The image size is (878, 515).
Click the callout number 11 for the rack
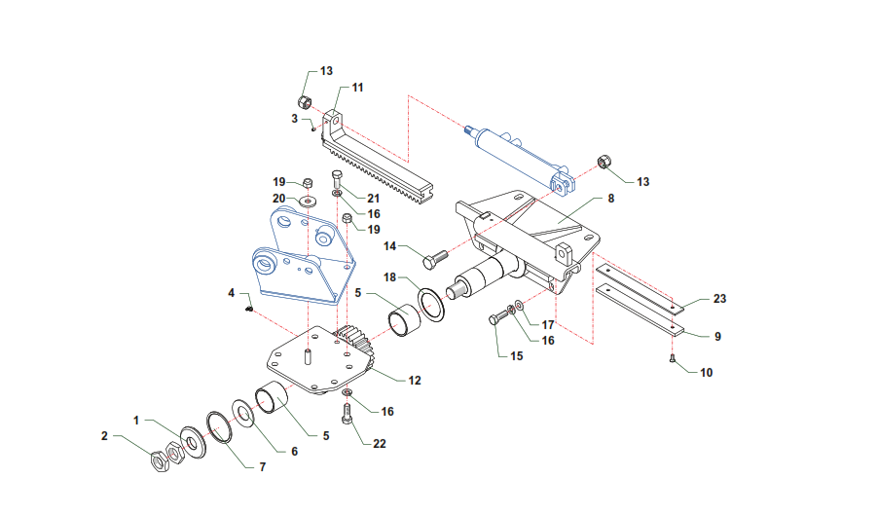357,88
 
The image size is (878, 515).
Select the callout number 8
611,199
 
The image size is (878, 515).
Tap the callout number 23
719,299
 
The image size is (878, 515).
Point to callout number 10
706,373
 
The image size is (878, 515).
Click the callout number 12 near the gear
415,381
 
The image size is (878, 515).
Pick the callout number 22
380,443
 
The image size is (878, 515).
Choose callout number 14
389,246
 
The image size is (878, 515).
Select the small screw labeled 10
673,358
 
